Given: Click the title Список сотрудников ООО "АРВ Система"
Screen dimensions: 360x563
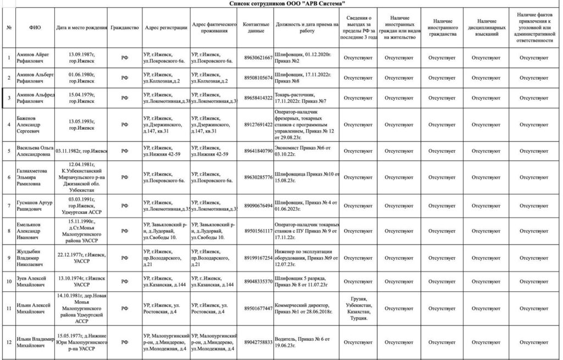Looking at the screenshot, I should pyautogui.click(x=286, y=4).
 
